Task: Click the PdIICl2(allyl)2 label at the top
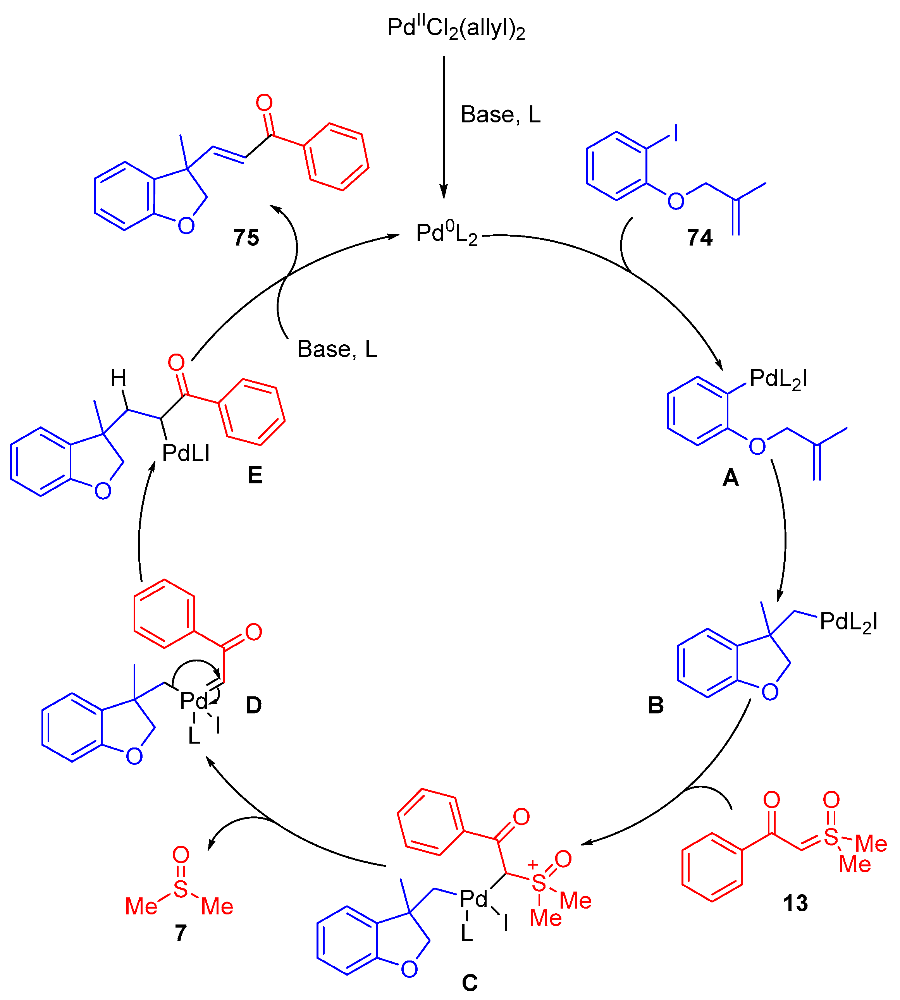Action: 456,28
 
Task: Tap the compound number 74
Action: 699,238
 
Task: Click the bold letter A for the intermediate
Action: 730,478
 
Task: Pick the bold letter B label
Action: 655,705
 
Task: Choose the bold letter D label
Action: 253,705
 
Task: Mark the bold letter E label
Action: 255,476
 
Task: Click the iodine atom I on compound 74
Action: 676,133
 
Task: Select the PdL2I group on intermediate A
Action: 778,380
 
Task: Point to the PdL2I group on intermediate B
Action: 848,622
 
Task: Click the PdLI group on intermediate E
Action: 186,453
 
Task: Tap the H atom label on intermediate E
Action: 118,379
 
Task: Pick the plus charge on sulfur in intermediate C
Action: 532,864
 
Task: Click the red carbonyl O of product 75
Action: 264,103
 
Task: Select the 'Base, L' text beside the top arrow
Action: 501,115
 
